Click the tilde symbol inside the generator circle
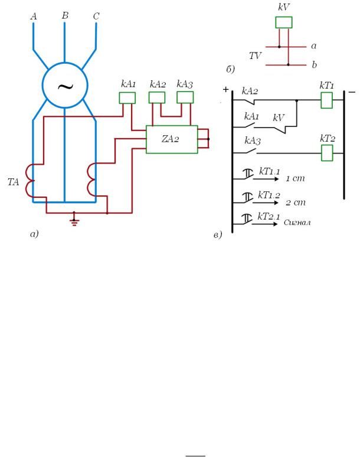(x=66, y=86)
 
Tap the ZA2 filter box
(x=172, y=139)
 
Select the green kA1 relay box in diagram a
(x=127, y=98)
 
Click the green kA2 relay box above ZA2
(x=157, y=97)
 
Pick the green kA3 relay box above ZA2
(x=185, y=97)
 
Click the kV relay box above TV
(x=284, y=22)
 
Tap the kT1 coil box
(x=326, y=100)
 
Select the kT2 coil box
(x=327, y=153)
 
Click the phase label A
(x=34, y=17)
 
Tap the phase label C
(x=96, y=16)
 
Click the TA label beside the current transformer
(x=13, y=182)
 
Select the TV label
(x=255, y=56)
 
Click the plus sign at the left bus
(x=225, y=90)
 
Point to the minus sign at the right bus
(x=352, y=92)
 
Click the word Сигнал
(x=297, y=223)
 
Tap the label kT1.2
(x=269, y=195)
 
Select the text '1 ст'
(x=295, y=178)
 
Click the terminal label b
(x=314, y=64)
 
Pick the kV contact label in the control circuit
(x=279, y=117)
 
